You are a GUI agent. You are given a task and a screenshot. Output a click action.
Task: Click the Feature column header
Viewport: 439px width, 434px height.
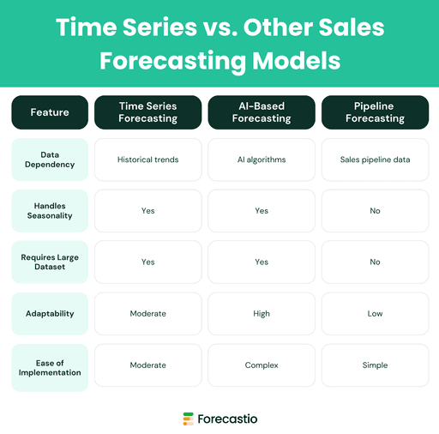(50, 112)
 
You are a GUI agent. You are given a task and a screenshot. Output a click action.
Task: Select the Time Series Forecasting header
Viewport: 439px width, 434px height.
(148, 112)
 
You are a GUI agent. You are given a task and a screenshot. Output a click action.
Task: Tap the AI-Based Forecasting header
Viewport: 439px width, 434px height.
(262, 112)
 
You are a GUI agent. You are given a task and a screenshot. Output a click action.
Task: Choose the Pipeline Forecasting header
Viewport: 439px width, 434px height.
(375, 112)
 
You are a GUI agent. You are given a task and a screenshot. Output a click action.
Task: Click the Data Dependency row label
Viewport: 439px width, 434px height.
(50, 160)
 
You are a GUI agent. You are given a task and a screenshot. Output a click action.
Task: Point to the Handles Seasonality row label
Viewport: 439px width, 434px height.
(50, 211)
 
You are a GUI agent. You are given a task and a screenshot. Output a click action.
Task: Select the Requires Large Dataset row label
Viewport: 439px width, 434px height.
(50, 262)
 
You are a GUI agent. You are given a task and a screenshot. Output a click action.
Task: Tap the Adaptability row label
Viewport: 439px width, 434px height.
(50, 314)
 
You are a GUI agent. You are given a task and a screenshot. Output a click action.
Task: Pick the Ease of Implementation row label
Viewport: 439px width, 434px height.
(50, 366)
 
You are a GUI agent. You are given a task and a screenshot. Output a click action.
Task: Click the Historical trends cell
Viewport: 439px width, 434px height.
(148, 160)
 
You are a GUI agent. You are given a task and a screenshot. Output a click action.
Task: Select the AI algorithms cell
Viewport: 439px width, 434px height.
(262, 160)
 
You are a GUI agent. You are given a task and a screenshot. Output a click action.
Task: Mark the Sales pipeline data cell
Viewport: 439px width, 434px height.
(375, 160)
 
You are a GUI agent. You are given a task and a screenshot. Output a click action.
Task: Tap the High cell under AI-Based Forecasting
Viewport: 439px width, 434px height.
(262, 314)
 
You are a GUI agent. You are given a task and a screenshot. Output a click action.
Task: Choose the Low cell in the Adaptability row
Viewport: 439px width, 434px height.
(375, 314)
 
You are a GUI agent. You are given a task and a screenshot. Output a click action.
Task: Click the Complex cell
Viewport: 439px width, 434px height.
(262, 365)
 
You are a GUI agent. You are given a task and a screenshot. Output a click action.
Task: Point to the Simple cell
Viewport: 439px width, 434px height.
(375, 365)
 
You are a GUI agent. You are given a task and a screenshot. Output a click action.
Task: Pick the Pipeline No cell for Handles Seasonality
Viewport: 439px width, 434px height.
(375, 211)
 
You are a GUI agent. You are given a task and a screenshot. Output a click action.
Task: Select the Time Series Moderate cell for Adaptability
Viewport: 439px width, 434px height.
(148, 314)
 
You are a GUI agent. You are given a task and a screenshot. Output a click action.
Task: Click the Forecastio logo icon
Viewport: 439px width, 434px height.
(188, 419)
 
